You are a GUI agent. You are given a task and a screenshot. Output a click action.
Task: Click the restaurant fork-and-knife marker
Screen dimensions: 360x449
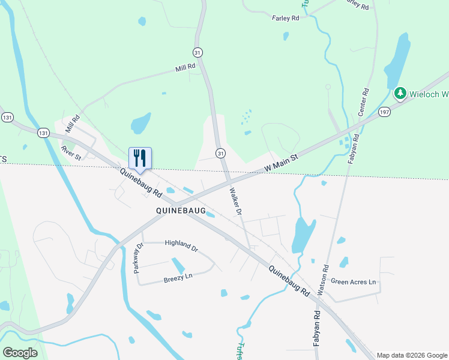pyautogui.click(x=140, y=158)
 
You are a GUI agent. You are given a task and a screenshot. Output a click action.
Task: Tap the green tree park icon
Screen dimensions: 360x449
pyautogui.click(x=400, y=94)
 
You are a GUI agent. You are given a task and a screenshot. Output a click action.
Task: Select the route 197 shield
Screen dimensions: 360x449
pyautogui.click(x=385, y=112)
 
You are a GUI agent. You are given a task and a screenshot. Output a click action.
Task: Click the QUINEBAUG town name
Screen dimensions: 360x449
pyautogui.click(x=181, y=211)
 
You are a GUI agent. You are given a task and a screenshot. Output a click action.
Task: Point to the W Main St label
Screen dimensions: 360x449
pyautogui.click(x=282, y=164)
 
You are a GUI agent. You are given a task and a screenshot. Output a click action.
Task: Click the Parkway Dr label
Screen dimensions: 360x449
pyautogui.click(x=139, y=259)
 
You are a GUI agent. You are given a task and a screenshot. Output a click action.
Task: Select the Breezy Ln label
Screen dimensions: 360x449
pyautogui.click(x=178, y=278)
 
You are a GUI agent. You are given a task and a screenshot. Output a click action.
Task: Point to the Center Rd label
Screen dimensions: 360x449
pyautogui.click(x=363, y=103)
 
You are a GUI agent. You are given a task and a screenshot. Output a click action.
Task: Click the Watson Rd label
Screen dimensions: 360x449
pyautogui.click(x=324, y=280)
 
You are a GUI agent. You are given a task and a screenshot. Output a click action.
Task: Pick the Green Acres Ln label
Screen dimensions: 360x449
pyautogui.click(x=353, y=281)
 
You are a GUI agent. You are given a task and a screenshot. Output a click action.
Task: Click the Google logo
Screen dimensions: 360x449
pyautogui.click(x=20, y=352)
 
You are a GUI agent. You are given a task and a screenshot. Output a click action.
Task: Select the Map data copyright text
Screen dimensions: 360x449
pyautogui.click(x=411, y=355)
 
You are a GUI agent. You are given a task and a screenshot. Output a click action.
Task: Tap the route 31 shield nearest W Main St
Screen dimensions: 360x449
pyautogui.click(x=221, y=154)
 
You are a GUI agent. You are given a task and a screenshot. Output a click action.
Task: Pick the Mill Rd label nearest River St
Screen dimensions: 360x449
pyautogui.click(x=73, y=124)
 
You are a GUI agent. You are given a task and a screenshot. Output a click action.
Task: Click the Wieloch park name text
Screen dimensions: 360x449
pyautogui.click(x=429, y=94)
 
